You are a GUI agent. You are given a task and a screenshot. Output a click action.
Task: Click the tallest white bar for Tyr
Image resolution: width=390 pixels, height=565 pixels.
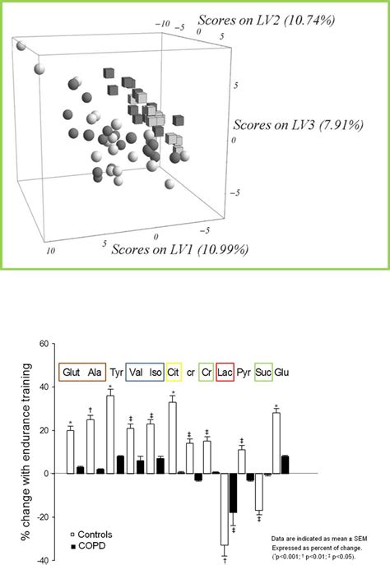(x=110, y=434)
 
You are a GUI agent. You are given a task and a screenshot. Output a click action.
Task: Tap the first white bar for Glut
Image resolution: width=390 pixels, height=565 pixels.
(x=71, y=452)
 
